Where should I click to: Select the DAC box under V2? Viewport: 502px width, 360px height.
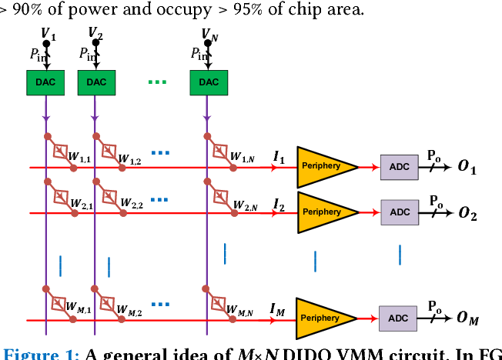tap(95, 82)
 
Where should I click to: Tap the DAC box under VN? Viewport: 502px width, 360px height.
tap(209, 82)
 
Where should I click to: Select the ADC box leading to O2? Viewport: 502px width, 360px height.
tap(399, 212)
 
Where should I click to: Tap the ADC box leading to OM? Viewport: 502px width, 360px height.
tap(399, 318)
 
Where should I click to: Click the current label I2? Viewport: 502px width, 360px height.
tap(279, 203)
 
